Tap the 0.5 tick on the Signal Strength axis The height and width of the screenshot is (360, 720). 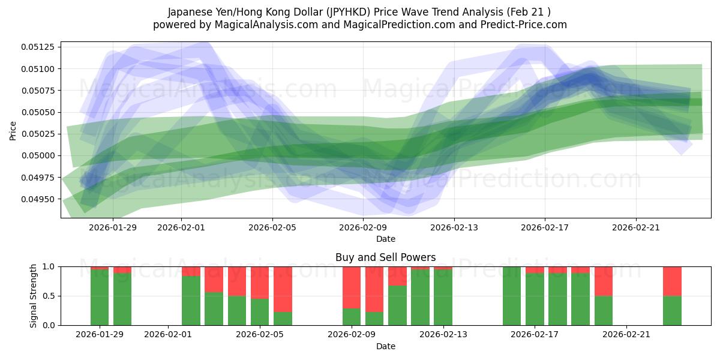pos(49,296)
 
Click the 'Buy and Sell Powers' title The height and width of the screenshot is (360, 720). pos(385,257)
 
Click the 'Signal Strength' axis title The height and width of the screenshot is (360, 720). pos(34,296)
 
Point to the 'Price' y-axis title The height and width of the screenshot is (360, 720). pos(13,130)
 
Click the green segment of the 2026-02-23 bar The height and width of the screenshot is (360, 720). pos(672,310)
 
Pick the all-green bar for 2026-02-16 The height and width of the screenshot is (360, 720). pos(512,296)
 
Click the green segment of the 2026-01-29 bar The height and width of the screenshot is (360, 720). pos(100,298)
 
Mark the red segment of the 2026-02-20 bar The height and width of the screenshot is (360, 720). pos(604,281)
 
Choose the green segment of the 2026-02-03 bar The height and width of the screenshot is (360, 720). pos(214,308)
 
